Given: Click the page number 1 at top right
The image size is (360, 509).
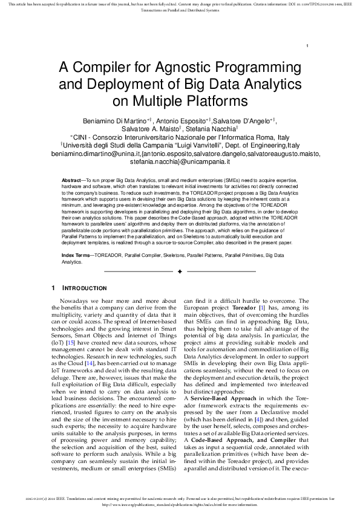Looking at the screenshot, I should tap(309, 47).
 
